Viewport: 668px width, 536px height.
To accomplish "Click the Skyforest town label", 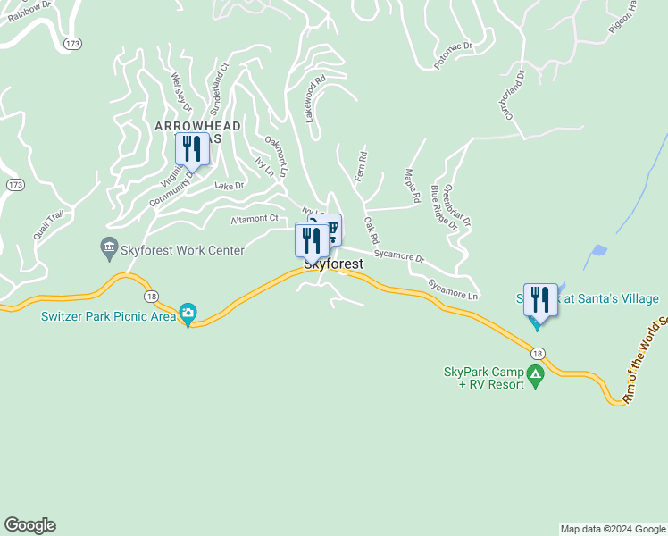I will pyautogui.click(x=334, y=265).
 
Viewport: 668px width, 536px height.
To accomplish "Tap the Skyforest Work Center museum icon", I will pyautogui.click(x=109, y=246).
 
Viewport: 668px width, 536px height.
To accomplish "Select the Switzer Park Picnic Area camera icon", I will pyautogui.click(x=188, y=313).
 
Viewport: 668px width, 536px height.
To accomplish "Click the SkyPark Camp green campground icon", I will pyautogui.click(x=536, y=375).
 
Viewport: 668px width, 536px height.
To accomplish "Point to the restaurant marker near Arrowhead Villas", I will pyautogui.click(x=192, y=149).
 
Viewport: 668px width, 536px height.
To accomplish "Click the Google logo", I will pyautogui.click(x=29, y=525).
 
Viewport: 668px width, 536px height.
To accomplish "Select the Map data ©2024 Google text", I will pyautogui.click(x=612, y=529).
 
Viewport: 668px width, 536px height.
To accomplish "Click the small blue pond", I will pyautogui.click(x=599, y=250).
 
